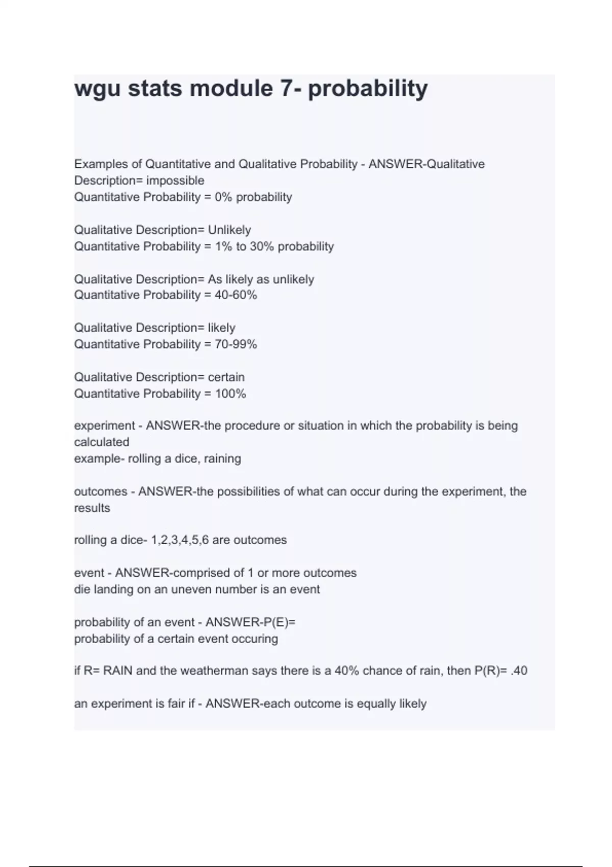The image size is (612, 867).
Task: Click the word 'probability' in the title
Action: click(368, 89)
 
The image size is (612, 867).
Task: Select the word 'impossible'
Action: click(175, 181)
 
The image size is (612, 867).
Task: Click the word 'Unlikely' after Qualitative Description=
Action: click(229, 230)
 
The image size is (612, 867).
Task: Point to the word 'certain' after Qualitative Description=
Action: click(226, 377)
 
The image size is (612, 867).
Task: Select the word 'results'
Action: click(92, 508)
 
